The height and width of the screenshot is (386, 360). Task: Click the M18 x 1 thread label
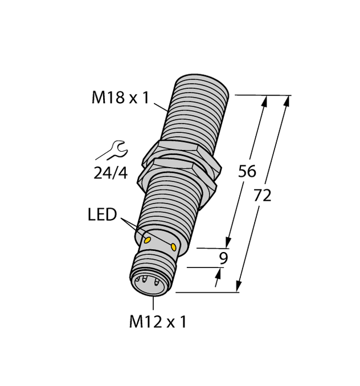120,98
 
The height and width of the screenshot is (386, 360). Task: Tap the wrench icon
112,151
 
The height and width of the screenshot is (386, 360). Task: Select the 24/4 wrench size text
111,173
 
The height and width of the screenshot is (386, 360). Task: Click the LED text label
103,215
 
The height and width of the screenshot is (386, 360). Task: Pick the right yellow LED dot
174,246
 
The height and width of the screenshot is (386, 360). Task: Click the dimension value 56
247,171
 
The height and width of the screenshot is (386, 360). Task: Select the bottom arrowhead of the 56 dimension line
228,242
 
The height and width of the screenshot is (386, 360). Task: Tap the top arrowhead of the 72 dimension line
286,101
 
